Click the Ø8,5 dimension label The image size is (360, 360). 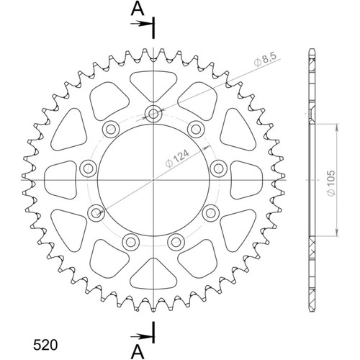pos(266,59)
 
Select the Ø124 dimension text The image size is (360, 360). pos(177,158)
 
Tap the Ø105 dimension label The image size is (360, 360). pos(331,183)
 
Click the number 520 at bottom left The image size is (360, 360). pos(45,346)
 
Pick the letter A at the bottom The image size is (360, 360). pos(138,352)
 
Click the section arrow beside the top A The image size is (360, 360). pos(141,24)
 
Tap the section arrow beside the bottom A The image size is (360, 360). pos(141,337)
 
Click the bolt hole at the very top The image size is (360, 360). pos(153,113)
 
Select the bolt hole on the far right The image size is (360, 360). pos(218,168)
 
